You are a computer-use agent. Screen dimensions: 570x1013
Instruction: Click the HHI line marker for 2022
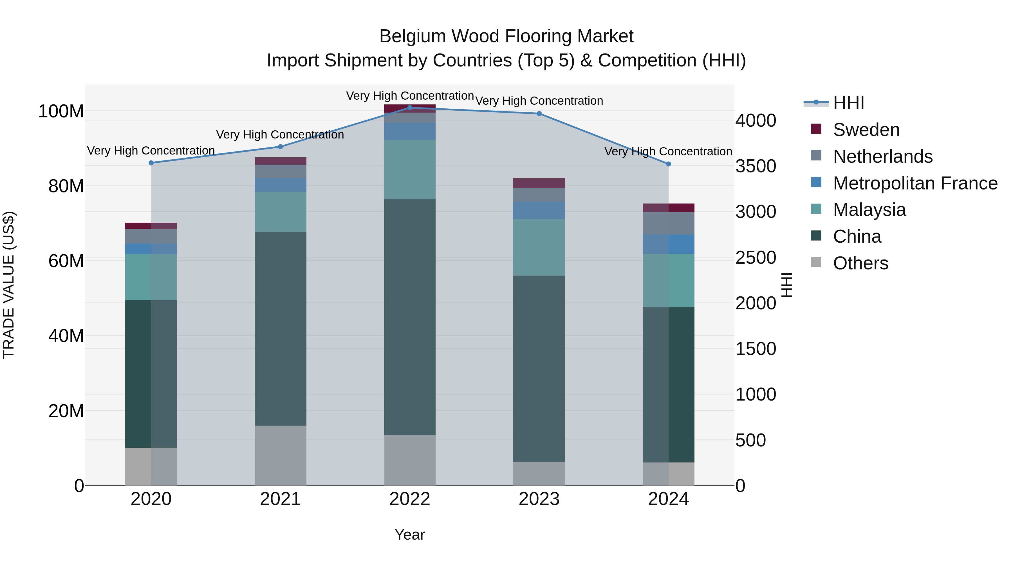coord(409,108)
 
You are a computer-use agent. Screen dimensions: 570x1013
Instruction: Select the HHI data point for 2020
coord(151,163)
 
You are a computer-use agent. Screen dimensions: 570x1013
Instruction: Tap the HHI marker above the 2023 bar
coord(539,114)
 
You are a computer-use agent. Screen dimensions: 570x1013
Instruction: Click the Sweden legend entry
coord(866,130)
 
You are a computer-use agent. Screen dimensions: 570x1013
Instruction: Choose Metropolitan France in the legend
coord(915,183)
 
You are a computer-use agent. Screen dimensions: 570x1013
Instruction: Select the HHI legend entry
coord(848,103)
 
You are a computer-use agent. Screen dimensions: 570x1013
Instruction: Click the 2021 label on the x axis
coord(280,499)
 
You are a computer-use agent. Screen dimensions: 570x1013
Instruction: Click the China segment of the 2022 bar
coord(409,317)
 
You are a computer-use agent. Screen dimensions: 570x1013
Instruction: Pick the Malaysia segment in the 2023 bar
coord(539,247)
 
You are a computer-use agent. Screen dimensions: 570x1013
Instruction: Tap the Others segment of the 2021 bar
coord(280,455)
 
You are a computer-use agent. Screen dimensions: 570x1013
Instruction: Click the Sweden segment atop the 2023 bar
coord(539,183)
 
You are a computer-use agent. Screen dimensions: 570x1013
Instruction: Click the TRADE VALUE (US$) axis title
coord(9,285)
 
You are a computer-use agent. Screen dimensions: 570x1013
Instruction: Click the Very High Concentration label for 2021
coord(280,135)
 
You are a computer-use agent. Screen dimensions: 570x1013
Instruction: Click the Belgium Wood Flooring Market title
coord(506,36)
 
